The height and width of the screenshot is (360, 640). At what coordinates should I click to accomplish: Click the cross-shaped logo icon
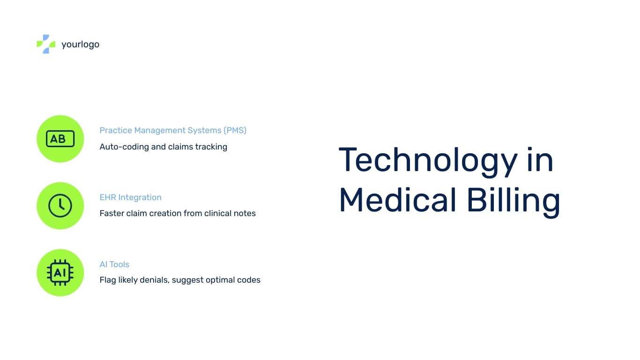click(46, 44)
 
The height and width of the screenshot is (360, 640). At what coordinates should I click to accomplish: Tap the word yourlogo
click(80, 45)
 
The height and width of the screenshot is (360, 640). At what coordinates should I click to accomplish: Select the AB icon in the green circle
click(60, 139)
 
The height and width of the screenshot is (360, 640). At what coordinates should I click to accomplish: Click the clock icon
click(60, 206)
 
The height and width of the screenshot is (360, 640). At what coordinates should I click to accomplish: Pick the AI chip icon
click(60, 273)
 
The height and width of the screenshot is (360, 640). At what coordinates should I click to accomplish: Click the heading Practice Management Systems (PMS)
click(173, 130)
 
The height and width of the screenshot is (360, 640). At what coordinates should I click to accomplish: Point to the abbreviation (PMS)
click(235, 130)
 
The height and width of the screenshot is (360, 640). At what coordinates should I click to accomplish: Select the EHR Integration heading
click(130, 197)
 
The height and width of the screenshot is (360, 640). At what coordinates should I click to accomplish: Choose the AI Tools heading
click(114, 264)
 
